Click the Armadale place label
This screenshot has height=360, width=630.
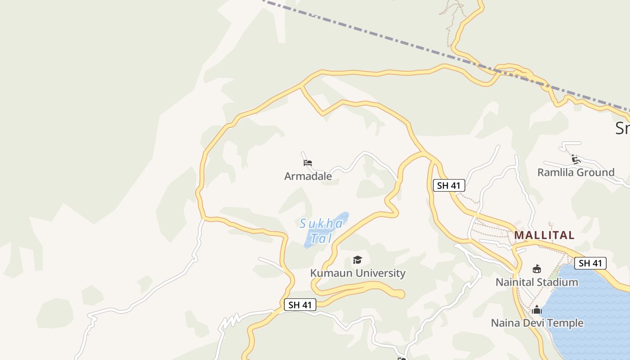(x=308, y=176)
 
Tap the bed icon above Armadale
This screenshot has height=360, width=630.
(x=308, y=163)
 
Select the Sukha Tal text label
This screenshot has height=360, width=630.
(x=321, y=230)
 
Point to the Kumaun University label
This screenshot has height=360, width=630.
(x=358, y=273)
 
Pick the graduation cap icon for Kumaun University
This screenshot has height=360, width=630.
(x=358, y=260)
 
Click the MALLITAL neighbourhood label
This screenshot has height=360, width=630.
(x=544, y=235)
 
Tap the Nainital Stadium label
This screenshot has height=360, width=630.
(x=536, y=282)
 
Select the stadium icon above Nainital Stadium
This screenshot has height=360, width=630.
(x=536, y=269)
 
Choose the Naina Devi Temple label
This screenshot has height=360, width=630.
(x=537, y=323)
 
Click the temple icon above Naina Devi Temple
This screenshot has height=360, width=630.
(x=536, y=310)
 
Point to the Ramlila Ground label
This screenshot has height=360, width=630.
(x=576, y=172)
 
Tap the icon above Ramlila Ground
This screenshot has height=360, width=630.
(x=576, y=159)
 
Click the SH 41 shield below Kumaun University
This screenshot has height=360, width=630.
(x=300, y=305)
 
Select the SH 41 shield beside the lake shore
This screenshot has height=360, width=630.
(x=590, y=263)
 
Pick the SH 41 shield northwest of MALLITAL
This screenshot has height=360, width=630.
(x=448, y=185)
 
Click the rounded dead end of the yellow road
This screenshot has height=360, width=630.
(x=400, y=294)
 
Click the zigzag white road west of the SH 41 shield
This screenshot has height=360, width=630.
(x=229, y=322)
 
